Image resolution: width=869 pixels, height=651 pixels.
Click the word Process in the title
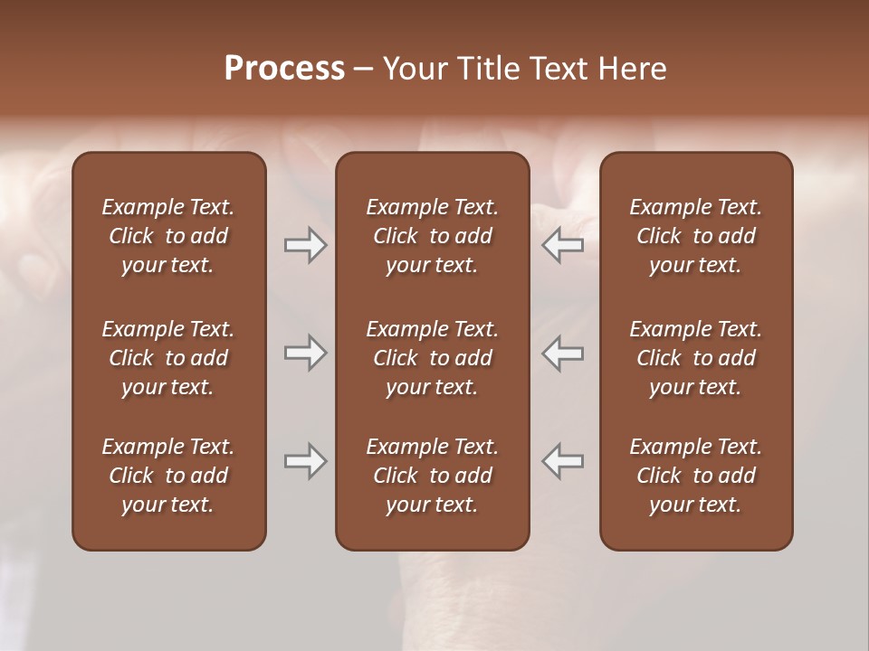coord(284,69)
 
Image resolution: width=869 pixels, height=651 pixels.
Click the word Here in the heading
coord(633,69)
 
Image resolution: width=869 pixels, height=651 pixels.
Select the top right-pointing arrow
coord(306,245)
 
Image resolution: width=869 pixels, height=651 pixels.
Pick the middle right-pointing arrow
coord(306,353)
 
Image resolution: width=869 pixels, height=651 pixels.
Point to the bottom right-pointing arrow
coord(306,461)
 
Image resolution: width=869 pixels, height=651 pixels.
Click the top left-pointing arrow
coord(563,245)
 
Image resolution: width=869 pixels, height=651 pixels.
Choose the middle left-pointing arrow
coord(563,353)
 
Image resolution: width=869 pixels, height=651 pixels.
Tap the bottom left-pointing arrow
coord(563,461)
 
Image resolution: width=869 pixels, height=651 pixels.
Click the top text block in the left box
coord(168,236)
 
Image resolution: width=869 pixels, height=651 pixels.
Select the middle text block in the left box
coord(168,358)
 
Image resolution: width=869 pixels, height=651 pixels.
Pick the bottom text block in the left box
coord(168,476)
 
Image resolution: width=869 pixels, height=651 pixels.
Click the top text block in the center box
coord(432,236)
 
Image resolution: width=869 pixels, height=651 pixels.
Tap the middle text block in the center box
coord(432,358)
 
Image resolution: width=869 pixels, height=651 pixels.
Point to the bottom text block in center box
coord(432,476)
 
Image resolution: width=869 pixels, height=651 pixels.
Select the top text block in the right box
coord(695,236)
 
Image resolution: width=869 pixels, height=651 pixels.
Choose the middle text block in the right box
coord(695,358)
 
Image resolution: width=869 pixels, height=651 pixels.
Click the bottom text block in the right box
coord(695,476)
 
